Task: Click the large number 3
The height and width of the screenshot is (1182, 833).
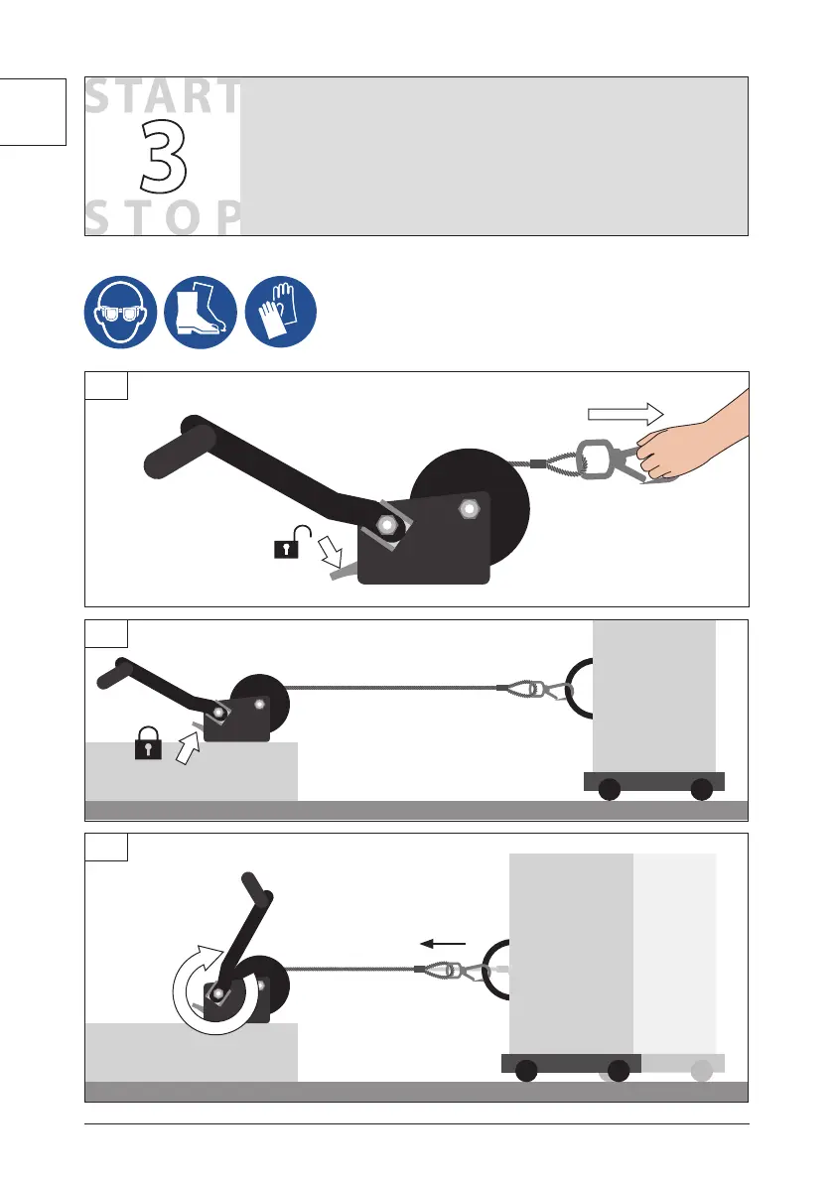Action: (162, 157)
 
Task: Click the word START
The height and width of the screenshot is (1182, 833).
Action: (163, 97)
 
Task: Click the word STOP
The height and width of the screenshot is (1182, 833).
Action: (163, 218)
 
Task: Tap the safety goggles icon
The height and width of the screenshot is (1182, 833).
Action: (120, 312)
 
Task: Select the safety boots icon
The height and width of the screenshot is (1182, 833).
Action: (201, 312)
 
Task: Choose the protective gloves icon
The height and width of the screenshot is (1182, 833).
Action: (280, 312)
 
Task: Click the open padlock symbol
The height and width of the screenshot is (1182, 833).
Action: (292, 542)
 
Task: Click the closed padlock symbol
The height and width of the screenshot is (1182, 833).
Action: (148, 742)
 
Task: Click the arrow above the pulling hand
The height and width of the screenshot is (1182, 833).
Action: (625, 414)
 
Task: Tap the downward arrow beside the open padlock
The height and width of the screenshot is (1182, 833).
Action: (330, 550)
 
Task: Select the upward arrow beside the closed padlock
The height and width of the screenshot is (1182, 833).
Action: (188, 748)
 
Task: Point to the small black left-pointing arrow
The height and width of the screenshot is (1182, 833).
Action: (443, 943)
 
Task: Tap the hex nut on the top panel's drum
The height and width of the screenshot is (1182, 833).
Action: (469, 509)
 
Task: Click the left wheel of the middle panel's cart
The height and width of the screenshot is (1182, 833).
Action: (609, 789)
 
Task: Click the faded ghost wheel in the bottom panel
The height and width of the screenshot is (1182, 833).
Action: (702, 1071)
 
